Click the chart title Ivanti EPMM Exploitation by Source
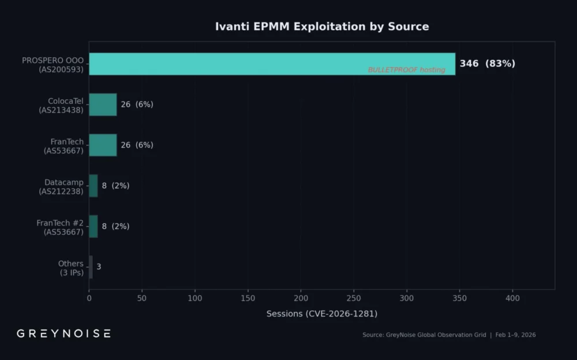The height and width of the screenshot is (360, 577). pos(321,27)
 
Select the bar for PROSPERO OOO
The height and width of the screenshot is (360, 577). pos(271,63)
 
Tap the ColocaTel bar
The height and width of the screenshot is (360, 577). pos(103,104)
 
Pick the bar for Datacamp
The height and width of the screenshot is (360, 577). pos(93,186)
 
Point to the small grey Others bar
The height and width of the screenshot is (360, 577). pos(91,267)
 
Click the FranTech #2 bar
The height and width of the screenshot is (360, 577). pos(93,226)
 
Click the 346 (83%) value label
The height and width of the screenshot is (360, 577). pos(487,63)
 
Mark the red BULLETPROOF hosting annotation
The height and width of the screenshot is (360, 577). pos(406,70)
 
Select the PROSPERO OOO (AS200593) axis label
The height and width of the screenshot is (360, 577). pos(53,65)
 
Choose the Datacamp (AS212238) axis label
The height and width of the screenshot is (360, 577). pos(61,186)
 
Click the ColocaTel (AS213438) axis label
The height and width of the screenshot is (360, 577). pos(61,105)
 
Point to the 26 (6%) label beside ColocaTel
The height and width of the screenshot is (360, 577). pos(137,104)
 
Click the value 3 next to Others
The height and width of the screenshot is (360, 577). pos(99,267)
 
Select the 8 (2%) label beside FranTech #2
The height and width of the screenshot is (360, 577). pos(115,226)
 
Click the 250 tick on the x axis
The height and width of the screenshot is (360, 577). pos(354,298)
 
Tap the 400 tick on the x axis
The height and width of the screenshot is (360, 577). pos(512,298)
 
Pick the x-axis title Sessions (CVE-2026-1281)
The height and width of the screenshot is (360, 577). pos(321,314)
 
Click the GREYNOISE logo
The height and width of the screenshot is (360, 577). pos(63,333)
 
